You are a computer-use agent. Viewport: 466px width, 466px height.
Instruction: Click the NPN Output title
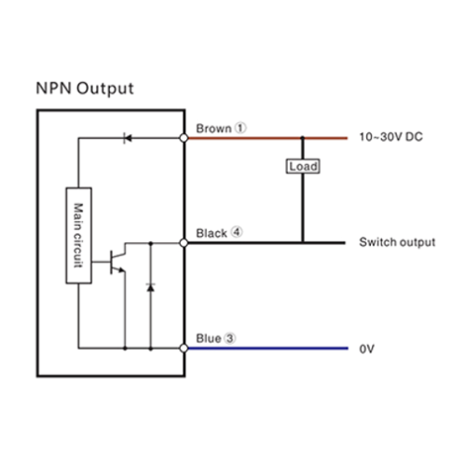point(85,89)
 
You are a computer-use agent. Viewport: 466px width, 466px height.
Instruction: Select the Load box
point(303,167)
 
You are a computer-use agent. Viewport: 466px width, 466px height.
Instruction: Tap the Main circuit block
point(78,236)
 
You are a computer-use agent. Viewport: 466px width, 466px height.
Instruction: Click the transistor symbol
point(117,262)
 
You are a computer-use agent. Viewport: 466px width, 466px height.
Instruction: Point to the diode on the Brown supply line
point(128,138)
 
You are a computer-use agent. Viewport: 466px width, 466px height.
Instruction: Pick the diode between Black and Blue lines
point(151,287)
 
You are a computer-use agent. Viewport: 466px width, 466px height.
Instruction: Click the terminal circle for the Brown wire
point(184,138)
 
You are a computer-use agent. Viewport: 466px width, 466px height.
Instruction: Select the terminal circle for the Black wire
point(184,243)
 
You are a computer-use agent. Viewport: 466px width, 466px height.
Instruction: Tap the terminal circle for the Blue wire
point(184,349)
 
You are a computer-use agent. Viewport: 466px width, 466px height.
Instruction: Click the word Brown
point(213,129)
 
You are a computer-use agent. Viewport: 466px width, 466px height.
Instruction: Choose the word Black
point(212,233)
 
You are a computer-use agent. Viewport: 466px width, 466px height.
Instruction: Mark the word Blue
point(209,338)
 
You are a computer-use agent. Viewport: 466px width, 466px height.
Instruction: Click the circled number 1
point(240,128)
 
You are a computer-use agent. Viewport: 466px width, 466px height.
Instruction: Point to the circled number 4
point(237,232)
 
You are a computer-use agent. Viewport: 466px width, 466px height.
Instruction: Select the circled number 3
point(230,338)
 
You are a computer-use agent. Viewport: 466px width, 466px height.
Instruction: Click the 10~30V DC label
point(391,137)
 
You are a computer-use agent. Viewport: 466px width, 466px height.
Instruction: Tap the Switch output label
point(397,242)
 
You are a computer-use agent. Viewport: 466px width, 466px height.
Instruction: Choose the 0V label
point(367,349)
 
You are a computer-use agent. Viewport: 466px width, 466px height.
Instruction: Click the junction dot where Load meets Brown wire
point(303,138)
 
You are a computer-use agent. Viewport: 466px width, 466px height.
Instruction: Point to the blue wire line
point(267,349)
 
